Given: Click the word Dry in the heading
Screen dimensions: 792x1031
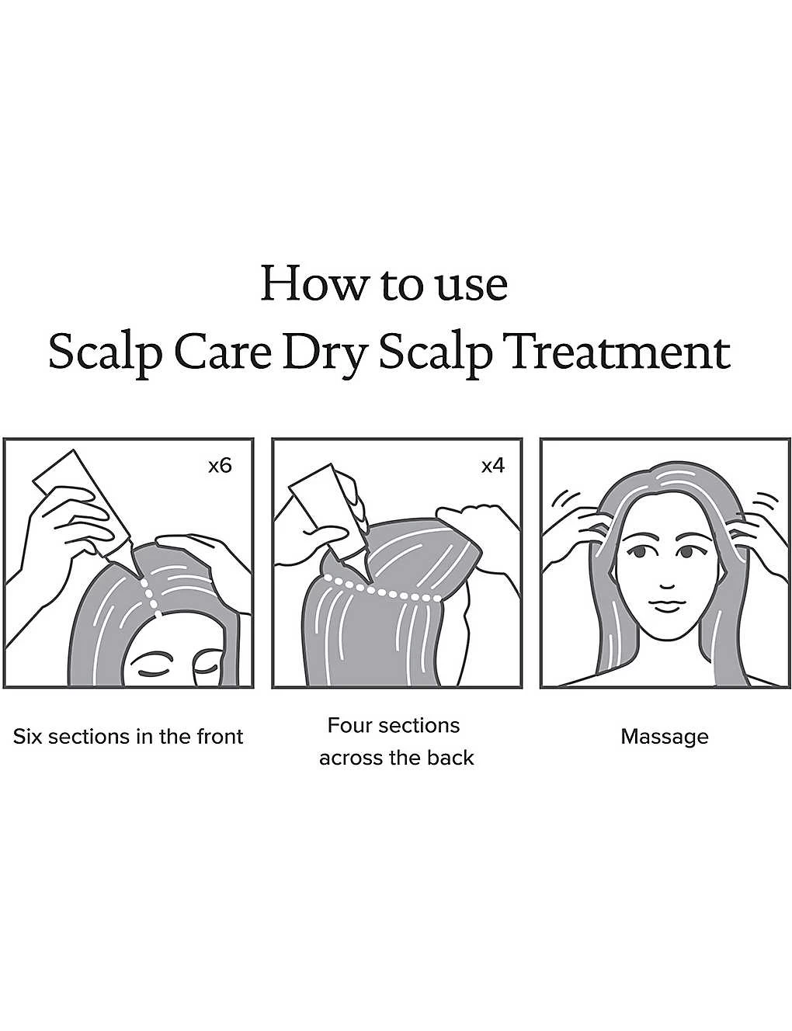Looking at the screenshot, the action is click(x=325, y=357).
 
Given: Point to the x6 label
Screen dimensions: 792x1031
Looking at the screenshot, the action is click(x=221, y=466).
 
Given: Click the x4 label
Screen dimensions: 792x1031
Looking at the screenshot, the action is click(x=494, y=466).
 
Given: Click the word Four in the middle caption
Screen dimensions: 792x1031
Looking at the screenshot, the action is click(x=350, y=725).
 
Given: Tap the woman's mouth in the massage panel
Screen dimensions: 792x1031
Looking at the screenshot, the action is click(x=666, y=605).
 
